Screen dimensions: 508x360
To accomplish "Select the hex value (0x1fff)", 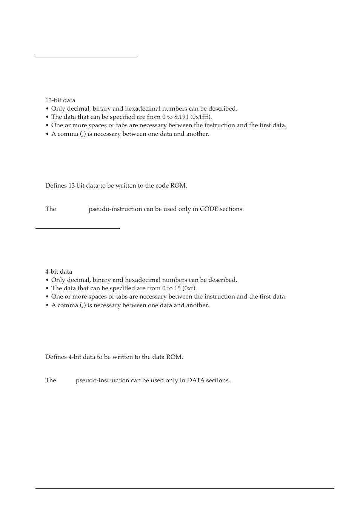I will pyautogui.click(x=202, y=117).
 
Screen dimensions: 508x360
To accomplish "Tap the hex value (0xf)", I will pyautogui.click(x=189, y=288).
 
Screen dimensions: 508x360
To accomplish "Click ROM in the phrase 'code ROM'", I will pyautogui.click(x=179, y=186).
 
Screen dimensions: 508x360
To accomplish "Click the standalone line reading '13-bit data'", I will pyautogui.click(x=60, y=100).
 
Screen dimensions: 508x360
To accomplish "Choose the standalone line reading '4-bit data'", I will pyautogui.click(x=58, y=272).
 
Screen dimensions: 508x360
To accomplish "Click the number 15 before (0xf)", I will pyautogui.click(x=177, y=288).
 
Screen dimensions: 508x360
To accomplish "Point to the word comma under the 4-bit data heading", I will pyautogui.click(x=68, y=305).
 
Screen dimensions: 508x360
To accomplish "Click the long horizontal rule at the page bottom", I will pyautogui.click(x=185, y=489).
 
